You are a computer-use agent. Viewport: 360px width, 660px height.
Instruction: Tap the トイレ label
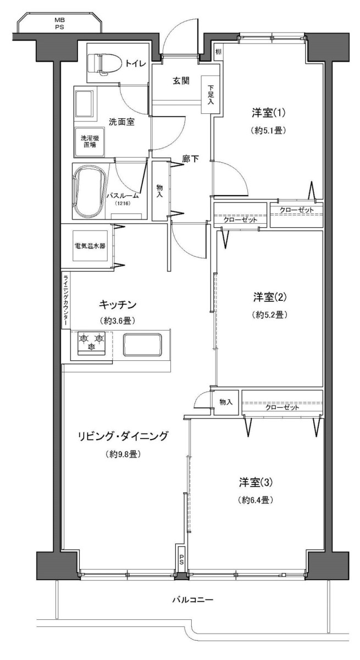tap(136, 64)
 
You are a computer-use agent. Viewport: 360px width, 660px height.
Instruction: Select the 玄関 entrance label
tap(181, 81)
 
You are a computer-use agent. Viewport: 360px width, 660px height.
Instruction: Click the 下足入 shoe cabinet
tap(211, 94)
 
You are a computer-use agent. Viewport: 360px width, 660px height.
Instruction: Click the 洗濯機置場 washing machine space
tap(89, 142)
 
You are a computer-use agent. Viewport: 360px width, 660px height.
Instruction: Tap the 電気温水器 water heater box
tap(90, 246)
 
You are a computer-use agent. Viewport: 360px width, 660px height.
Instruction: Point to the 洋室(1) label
tap(268, 113)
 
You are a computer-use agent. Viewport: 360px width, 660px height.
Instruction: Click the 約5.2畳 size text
tap(269, 315)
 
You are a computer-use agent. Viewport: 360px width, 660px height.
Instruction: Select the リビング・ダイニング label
tap(123, 436)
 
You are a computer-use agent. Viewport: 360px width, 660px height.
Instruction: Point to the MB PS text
tap(59, 24)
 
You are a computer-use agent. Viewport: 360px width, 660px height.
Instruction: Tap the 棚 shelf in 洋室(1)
tap(218, 52)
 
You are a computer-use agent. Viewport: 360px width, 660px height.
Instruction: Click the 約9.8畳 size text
tap(123, 454)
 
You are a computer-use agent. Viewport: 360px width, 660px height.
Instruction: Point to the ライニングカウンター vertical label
tap(65, 300)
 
